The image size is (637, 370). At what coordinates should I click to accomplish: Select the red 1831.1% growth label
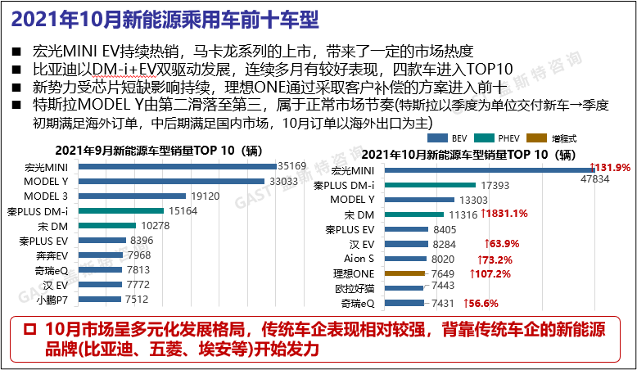point(504,214)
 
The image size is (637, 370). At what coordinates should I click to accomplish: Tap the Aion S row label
point(360,259)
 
